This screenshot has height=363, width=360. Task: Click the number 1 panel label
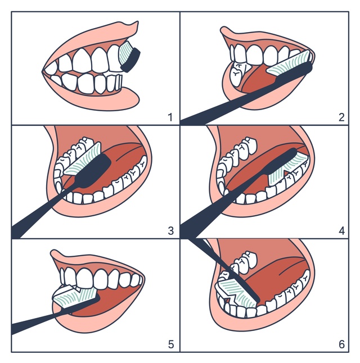pyautogui.click(x=170, y=117)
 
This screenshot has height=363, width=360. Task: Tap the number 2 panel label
pyautogui.click(x=341, y=117)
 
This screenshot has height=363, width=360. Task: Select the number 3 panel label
pyautogui.click(x=170, y=231)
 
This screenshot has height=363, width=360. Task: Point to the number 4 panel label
pyautogui.click(x=341, y=231)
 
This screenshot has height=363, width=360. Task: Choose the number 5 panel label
pyautogui.click(x=171, y=344)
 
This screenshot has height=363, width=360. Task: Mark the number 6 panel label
pyautogui.click(x=341, y=344)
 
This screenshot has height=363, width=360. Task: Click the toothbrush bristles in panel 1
pyautogui.click(x=125, y=53)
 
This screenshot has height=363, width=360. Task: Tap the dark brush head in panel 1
pyautogui.click(x=131, y=60)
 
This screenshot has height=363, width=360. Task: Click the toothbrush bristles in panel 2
pyautogui.click(x=288, y=64)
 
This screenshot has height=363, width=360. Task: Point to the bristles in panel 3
pyautogui.click(x=82, y=160)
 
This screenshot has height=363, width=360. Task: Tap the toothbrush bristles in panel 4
pyautogui.click(x=287, y=169)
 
